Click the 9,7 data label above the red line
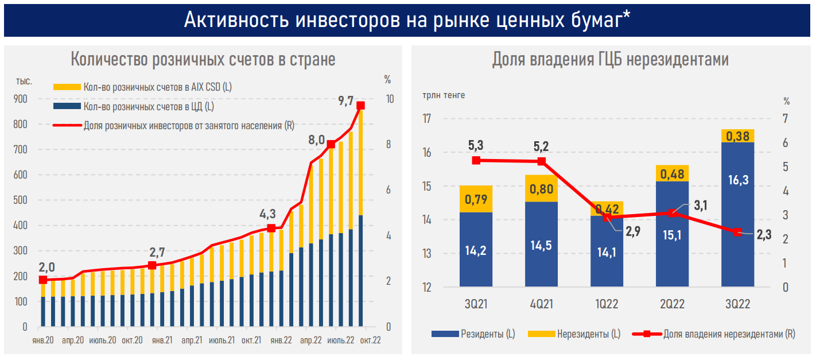[346, 102]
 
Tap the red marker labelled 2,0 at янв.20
[42, 280]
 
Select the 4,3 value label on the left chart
[267, 214]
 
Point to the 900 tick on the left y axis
[20, 99]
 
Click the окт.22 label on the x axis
[370, 340]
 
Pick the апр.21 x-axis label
[191, 340]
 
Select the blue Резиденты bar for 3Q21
[476, 250]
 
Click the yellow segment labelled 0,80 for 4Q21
[541, 188]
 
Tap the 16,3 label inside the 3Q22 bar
[737, 180]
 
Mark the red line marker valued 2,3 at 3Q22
[738, 232]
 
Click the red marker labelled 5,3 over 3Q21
[476, 160]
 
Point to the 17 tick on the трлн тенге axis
[426, 119]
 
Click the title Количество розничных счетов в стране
[203, 59]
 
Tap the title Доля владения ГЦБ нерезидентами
[610, 59]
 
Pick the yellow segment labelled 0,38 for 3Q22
[737, 136]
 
